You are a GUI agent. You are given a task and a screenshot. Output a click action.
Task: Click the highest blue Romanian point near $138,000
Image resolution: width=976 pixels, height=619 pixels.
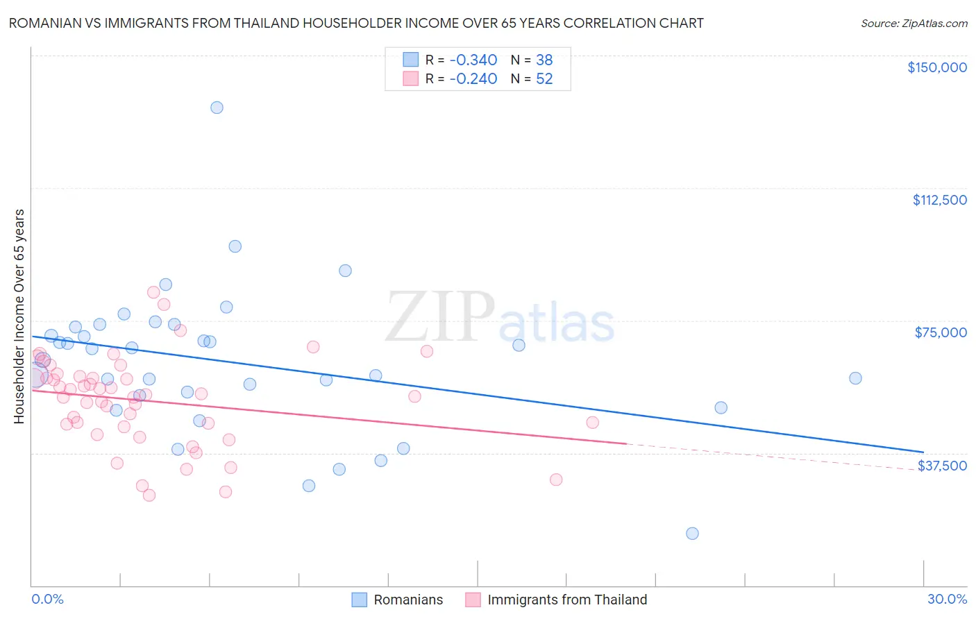pyautogui.click(x=217, y=108)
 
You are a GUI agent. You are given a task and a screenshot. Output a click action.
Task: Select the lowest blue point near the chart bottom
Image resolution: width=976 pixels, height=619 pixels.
pyautogui.click(x=692, y=534)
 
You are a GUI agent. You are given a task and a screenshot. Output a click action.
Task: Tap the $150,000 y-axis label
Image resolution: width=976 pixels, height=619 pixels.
pyautogui.click(x=936, y=67)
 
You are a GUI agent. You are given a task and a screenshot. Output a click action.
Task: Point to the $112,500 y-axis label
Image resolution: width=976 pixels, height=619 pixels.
pyautogui.click(x=939, y=200)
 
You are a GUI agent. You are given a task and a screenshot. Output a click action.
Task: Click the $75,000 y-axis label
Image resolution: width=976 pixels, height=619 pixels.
pyautogui.click(x=941, y=332)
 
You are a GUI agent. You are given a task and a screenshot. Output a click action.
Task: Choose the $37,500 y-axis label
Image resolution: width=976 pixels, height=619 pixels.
pyautogui.click(x=942, y=466)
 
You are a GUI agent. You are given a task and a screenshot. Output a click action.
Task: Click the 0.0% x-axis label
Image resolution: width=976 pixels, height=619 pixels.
pyautogui.click(x=47, y=599)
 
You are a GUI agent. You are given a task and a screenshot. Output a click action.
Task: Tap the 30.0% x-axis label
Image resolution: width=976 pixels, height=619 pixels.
pyautogui.click(x=947, y=599)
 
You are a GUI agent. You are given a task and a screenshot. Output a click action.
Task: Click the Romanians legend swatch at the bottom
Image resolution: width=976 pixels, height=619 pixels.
pyautogui.click(x=359, y=600)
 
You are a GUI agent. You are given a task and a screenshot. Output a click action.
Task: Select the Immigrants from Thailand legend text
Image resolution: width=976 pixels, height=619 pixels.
pyautogui.click(x=567, y=600)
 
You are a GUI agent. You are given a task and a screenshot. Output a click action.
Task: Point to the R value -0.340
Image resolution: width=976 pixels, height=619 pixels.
pyautogui.click(x=473, y=60)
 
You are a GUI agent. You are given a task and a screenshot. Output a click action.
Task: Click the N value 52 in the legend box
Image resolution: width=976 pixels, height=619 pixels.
pyautogui.click(x=544, y=79)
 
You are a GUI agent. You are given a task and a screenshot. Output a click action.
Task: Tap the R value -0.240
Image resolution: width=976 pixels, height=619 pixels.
pyautogui.click(x=473, y=79)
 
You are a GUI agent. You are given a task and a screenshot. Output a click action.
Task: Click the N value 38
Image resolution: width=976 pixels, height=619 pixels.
pyautogui.click(x=544, y=60)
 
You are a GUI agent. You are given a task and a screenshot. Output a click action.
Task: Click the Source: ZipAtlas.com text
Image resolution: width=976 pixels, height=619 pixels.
pyautogui.click(x=914, y=24)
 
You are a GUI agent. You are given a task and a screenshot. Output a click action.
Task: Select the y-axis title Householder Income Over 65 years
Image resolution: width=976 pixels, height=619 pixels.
pyautogui.click(x=19, y=316)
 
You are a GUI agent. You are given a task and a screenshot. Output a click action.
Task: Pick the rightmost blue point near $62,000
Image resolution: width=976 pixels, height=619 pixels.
pyautogui.click(x=855, y=378)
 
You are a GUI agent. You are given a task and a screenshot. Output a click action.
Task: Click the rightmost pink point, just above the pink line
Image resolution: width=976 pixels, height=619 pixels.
pyautogui.click(x=592, y=423)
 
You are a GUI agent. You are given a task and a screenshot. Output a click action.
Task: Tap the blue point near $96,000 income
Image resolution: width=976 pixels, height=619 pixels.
pyautogui.click(x=235, y=246)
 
